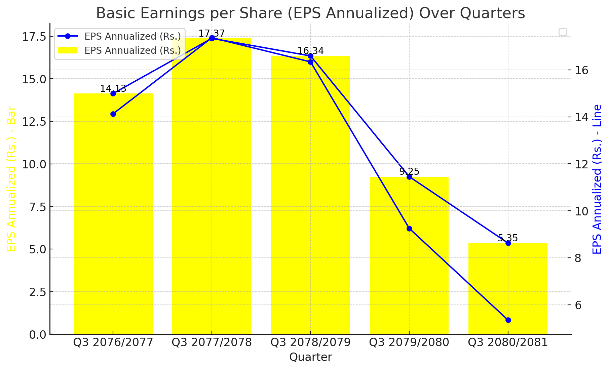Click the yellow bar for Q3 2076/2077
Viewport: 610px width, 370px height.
(113, 215)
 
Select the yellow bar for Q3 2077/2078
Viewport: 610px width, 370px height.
(212, 188)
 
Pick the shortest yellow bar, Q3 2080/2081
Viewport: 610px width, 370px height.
(508, 289)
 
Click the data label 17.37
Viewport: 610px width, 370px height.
(212, 34)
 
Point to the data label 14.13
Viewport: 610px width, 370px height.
(113, 89)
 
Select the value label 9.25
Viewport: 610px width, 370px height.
(409, 172)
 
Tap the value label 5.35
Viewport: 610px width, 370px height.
(508, 238)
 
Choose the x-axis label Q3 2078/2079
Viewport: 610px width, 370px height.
(310, 342)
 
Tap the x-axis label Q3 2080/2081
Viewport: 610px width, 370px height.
(508, 342)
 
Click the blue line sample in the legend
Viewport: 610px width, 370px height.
(68, 36)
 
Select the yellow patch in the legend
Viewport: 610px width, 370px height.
(68, 50)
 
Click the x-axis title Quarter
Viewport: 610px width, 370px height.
(310, 357)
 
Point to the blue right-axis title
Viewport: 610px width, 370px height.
(597, 179)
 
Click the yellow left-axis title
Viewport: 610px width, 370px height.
(11, 179)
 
